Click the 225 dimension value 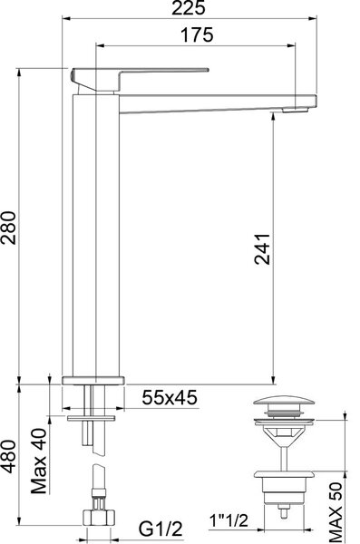tap(189, 7)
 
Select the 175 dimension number tap(197, 35)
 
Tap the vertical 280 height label tap(8, 228)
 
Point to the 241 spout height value tap(262, 249)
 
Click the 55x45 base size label tap(170, 398)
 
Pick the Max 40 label tap(39, 461)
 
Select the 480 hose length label tap(8, 457)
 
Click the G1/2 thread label tap(161, 529)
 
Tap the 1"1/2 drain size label tap(229, 520)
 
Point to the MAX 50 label tap(336, 512)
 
